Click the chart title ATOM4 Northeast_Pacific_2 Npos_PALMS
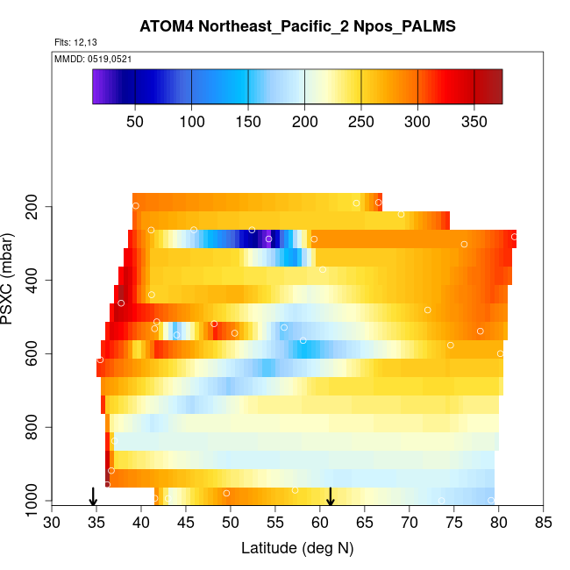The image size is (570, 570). (x=297, y=26)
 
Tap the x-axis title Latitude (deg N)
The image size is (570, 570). (x=297, y=549)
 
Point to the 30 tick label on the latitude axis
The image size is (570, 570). (x=52, y=523)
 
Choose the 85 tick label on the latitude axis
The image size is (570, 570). (x=544, y=523)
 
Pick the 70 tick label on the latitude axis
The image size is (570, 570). (x=410, y=523)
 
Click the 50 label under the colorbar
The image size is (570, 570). (x=135, y=120)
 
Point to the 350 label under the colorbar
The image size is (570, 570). (x=474, y=120)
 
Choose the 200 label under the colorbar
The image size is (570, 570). (x=304, y=120)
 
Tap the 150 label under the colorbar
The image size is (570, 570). (x=248, y=120)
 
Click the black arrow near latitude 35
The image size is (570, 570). (x=93, y=497)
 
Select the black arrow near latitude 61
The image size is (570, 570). (x=331, y=497)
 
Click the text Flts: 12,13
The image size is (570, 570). (x=75, y=43)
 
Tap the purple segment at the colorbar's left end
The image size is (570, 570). (x=99, y=87)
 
